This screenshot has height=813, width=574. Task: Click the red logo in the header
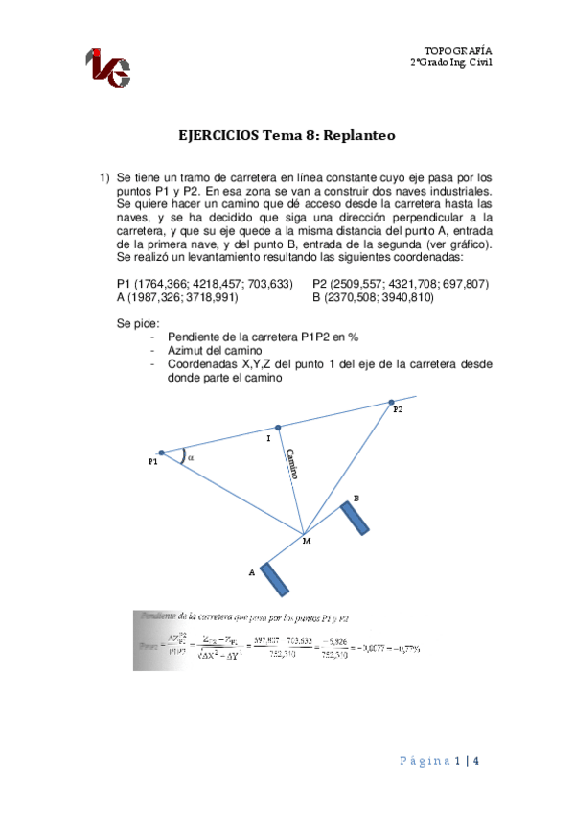107,66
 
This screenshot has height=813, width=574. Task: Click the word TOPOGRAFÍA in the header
458,49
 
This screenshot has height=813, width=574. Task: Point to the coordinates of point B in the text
373,297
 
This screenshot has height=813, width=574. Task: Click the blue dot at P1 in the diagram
161,453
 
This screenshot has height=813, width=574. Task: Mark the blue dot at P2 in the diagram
390,403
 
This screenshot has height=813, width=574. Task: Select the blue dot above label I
278,428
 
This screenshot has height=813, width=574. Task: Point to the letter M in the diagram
306,542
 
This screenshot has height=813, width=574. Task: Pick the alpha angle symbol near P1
190,457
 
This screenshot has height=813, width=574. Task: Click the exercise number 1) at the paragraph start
105,177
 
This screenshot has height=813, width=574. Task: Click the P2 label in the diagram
398,409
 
